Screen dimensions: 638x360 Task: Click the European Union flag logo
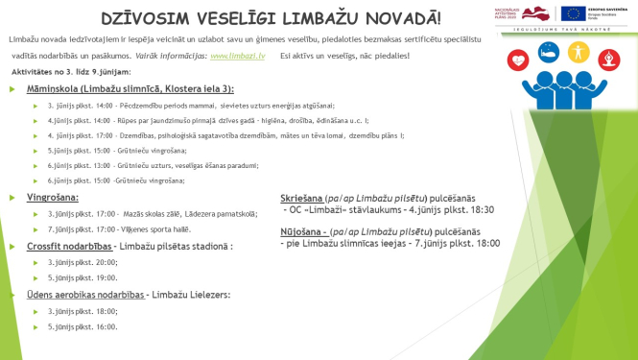575,13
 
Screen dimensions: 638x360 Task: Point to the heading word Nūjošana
302,231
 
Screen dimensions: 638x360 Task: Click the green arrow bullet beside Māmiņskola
12,88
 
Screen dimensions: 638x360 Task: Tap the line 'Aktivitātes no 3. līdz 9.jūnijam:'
72,73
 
